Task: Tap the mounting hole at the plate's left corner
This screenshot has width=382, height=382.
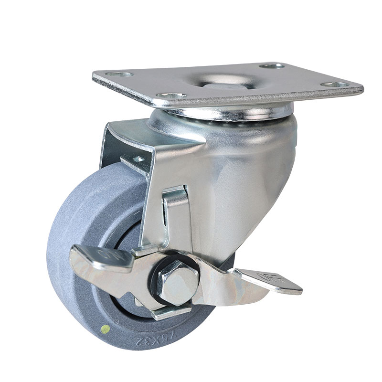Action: point(119,74)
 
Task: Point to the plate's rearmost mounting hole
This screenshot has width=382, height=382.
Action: point(271,65)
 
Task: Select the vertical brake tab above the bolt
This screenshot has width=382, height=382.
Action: point(174,215)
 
